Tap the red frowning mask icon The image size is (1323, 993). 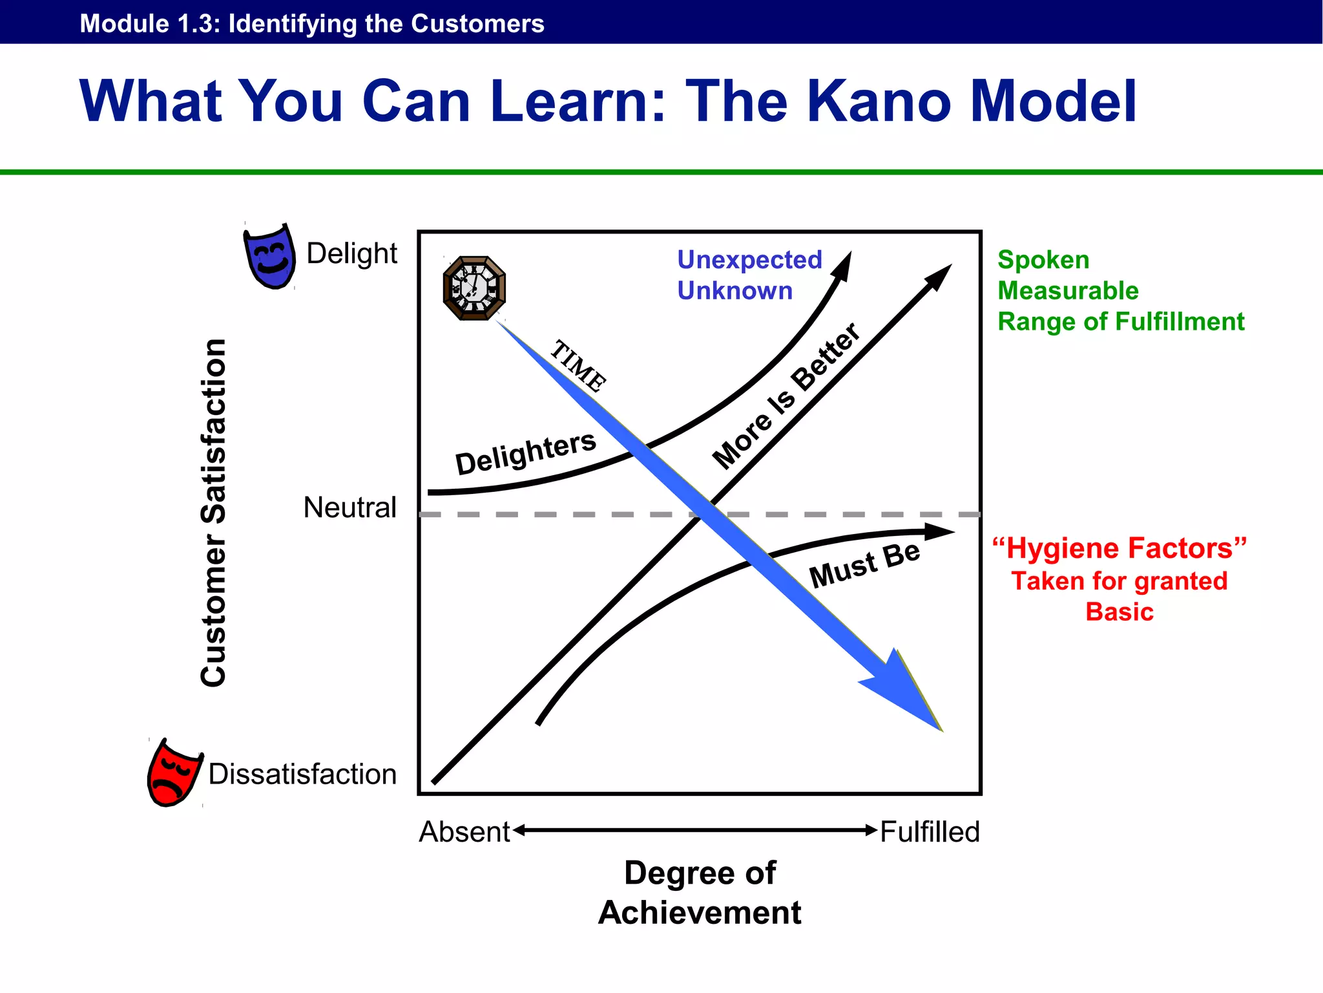172,773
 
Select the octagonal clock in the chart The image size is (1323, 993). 474,288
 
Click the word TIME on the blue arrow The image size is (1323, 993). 578,366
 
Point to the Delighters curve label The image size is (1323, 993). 525,452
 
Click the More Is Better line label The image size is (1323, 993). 786,396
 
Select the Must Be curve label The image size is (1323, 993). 864,564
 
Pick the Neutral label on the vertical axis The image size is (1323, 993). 349,507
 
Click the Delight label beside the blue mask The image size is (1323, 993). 351,253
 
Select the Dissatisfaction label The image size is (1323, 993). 302,774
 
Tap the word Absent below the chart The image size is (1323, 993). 464,832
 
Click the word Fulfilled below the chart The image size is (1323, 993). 930,832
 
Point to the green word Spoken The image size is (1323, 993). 1043,260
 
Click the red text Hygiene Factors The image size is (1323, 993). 1120,548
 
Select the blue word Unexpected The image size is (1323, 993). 749,260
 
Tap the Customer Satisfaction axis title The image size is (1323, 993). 213,512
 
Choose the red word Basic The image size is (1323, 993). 1120,612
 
